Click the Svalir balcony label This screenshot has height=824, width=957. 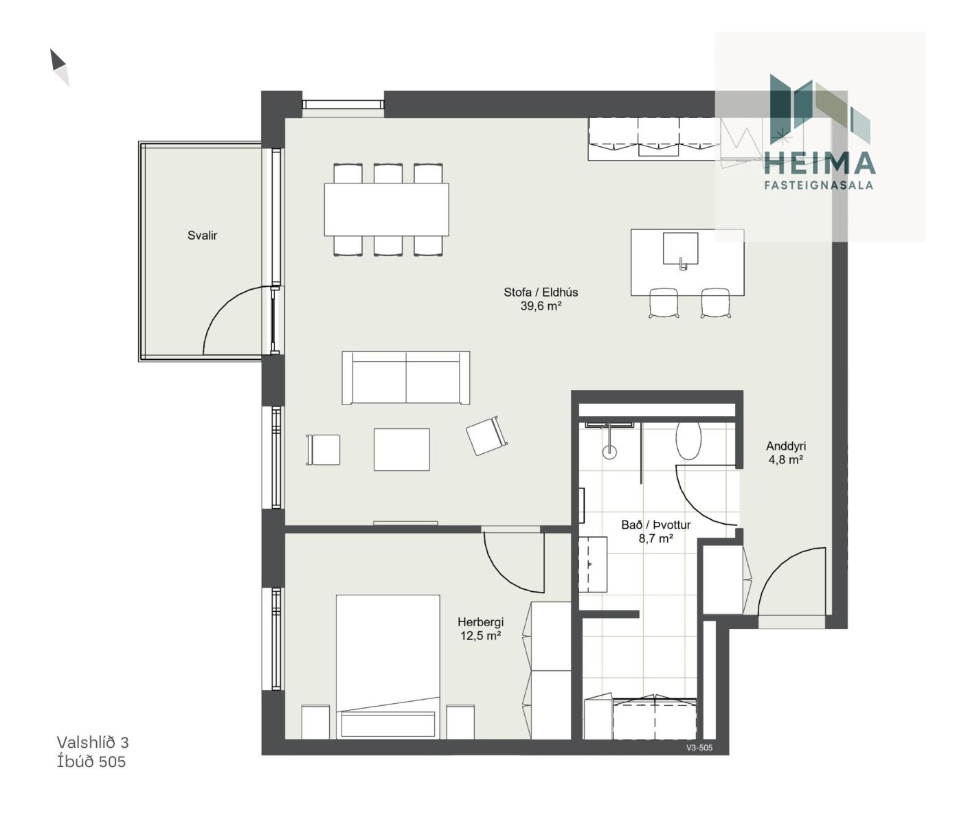coord(202,236)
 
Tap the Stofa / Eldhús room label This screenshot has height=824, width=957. coord(541,293)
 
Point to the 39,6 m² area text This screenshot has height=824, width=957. coord(541,306)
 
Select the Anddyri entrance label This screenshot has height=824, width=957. coord(786,446)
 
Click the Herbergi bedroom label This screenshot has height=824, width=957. coord(481,622)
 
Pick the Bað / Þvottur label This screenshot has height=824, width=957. coord(655,525)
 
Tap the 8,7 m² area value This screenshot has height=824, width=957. coord(655,538)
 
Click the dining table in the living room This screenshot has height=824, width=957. coord(386,209)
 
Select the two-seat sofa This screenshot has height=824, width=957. coord(405,378)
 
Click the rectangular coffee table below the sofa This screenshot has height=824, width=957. coord(401,450)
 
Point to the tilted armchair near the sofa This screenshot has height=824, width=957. coord(486,436)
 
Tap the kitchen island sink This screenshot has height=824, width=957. coord(680,249)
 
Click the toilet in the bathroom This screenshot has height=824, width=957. coord(688,440)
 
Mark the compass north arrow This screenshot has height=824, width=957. coord(59,67)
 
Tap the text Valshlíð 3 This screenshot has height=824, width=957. coord(93,742)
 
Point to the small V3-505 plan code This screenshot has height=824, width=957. coord(699,748)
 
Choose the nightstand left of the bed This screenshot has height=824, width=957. coord(315,722)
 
